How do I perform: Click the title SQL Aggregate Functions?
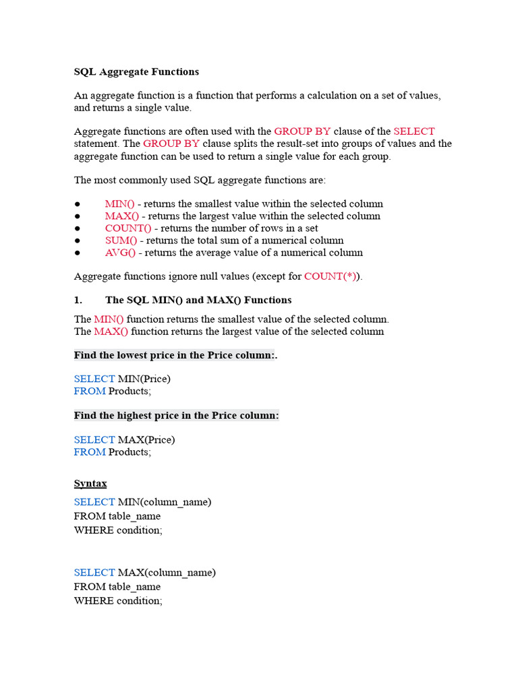(x=136, y=71)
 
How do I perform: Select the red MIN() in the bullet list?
(x=119, y=203)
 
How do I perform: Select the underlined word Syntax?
(x=90, y=484)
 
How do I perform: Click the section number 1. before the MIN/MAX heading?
(x=78, y=300)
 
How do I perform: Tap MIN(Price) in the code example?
(x=144, y=379)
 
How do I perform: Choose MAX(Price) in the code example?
(x=146, y=440)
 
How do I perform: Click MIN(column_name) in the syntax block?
(x=164, y=502)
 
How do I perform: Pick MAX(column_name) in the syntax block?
(x=167, y=573)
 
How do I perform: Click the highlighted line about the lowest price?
(x=175, y=355)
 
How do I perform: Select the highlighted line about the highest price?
(x=176, y=416)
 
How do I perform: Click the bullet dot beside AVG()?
(x=78, y=253)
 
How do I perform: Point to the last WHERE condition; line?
(x=118, y=600)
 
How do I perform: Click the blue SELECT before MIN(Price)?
(x=94, y=379)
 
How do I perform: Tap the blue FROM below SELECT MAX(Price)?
(x=90, y=452)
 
